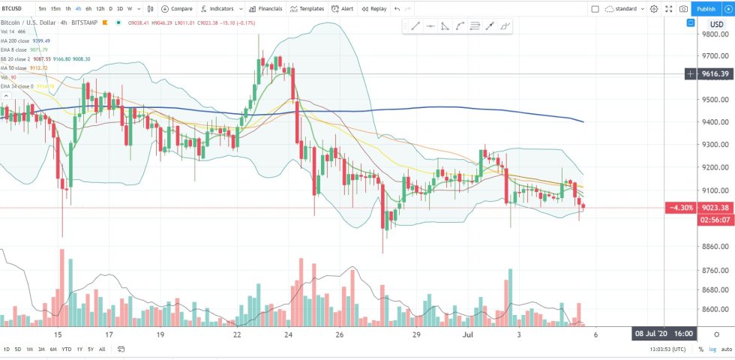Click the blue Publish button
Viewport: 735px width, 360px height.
[706, 9]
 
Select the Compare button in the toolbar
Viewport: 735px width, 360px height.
[177, 9]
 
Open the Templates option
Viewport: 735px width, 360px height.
[307, 9]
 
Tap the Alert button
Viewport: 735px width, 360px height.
[343, 9]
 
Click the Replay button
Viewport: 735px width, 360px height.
[373, 9]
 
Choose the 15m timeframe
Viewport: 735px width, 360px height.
[55, 9]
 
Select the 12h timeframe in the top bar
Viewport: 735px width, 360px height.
[100, 9]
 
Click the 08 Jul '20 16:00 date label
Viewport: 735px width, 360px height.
[664, 334]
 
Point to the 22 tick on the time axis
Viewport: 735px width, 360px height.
[237, 334]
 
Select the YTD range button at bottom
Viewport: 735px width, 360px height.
[66, 349]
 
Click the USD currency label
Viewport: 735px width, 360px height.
[716, 25]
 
